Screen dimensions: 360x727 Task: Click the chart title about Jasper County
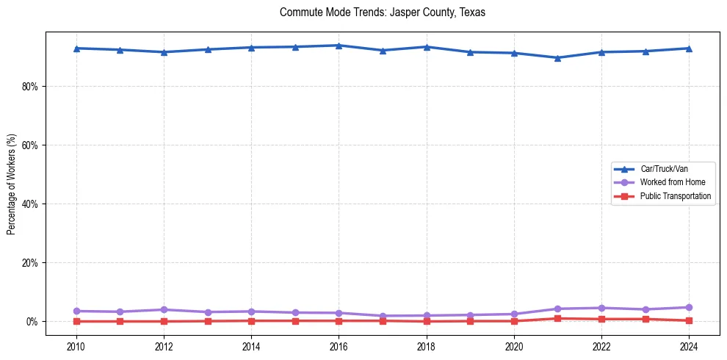coord(383,12)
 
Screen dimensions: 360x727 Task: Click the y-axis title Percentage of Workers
coord(12,184)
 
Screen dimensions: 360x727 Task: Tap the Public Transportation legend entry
coord(675,196)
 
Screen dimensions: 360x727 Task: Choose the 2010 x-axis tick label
coord(76,346)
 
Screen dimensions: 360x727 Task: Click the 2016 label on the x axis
coord(339,346)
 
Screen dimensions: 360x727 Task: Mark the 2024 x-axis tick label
coord(689,346)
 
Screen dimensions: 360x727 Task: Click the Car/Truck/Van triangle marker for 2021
coord(557,58)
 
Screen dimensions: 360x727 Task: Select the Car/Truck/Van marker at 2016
coord(339,46)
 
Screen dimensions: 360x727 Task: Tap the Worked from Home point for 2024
coord(689,307)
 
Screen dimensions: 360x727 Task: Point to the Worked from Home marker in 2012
coord(164,309)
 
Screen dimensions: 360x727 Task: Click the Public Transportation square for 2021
coord(557,318)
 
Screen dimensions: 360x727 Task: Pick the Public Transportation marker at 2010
coord(76,321)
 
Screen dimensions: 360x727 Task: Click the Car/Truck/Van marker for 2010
coord(76,48)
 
